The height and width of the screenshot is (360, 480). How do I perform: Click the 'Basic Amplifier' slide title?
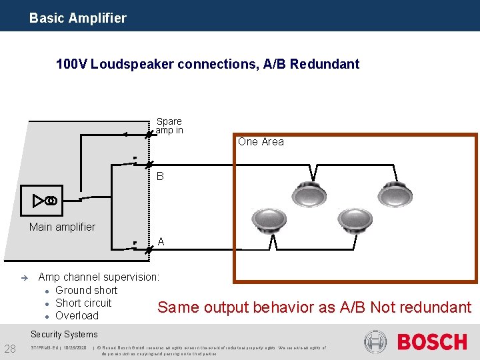[x=77, y=18]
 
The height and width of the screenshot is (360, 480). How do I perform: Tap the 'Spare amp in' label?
[x=169, y=126]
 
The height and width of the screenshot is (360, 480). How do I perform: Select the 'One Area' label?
[x=261, y=141]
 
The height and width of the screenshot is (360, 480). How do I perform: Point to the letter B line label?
[x=160, y=177]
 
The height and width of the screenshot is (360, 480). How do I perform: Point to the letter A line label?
[x=161, y=242]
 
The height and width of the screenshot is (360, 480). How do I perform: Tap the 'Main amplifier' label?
[x=62, y=227]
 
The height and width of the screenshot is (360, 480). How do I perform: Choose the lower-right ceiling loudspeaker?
[x=354, y=221]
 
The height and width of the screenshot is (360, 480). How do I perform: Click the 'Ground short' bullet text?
[x=86, y=290]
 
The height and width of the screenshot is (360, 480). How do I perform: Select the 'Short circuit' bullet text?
[x=83, y=303]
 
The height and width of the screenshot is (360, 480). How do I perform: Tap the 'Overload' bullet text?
[x=77, y=315]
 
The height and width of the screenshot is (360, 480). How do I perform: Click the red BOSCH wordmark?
[x=432, y=342]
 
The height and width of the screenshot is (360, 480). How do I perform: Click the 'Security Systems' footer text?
[x=64, y=334]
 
